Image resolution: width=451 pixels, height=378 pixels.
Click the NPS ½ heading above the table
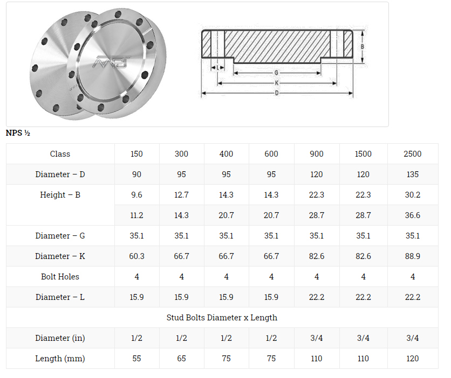(18, 133)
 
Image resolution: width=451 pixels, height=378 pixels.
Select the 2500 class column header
(412, 154)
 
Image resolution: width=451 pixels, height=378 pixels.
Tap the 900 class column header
(317, 154)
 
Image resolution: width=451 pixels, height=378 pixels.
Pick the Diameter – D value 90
(136, 174)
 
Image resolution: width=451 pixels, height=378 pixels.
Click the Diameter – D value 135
(412, 174)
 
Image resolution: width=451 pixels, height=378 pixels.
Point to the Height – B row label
(60, 195)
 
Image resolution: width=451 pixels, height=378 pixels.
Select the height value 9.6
(136, 195)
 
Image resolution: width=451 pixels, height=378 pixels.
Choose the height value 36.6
(412, 215)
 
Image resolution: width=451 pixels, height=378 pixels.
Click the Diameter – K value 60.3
(136, 256)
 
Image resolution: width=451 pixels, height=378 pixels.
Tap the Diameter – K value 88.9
(412, 256)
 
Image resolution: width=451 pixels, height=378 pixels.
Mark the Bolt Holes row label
(60, 277)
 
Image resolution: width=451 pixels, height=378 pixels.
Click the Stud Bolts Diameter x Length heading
(222, 318)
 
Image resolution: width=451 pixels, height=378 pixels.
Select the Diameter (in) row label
(60, 338)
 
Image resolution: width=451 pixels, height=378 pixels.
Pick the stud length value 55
(136, 359)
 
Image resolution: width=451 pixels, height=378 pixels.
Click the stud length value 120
(412, 359)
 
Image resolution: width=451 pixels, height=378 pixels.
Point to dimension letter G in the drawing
(276, 73)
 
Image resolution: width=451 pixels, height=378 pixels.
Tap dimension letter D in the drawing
(277, 93)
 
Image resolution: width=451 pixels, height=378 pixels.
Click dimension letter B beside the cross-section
(363, 47)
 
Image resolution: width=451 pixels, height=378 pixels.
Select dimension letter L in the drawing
(217, 67)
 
